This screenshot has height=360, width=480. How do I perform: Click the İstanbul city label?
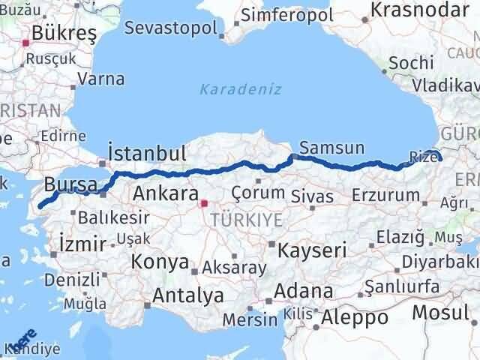tap(147, 154)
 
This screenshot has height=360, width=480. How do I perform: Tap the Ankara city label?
tap(165, 194)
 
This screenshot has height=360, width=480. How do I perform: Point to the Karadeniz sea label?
tap(241, 90)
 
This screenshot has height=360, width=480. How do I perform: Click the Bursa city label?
tap(70, 184)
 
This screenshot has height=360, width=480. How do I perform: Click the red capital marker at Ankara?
tap(204, 202)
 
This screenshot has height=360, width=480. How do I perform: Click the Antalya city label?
tap(187, 295)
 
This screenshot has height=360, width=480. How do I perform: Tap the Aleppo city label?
tap(353, 317)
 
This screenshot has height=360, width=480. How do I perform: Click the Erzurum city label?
tap(390, 195)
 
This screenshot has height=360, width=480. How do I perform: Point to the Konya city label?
tap(160, 262)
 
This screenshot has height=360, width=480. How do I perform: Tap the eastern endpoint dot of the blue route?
tap(439, 158)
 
